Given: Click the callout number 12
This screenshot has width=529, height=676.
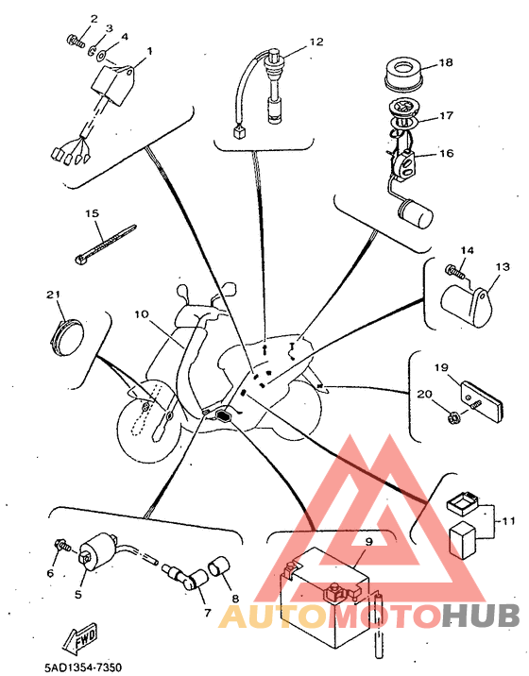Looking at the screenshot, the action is point(316,42).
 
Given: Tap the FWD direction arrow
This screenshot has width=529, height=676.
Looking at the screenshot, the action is point(80,634).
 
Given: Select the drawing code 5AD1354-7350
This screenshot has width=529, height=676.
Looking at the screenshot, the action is point(83,668).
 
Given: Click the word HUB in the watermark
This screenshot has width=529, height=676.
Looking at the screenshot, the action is point(481,617).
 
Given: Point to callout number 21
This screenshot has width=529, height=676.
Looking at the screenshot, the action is point(54,295).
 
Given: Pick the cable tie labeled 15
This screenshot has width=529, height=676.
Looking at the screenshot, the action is point(105,245).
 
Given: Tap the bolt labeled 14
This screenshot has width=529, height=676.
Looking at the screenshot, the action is point(454,271).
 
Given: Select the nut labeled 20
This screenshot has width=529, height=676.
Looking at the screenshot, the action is point(453,417).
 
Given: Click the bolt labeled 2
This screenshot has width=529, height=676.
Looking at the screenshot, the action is point(76,41).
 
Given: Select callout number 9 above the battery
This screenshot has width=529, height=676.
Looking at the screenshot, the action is point(369,542).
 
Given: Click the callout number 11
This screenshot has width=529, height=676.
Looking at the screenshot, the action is point(509,521).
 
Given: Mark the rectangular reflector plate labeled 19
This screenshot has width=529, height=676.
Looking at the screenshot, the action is point(481,396).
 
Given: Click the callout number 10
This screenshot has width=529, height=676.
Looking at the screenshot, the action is point(141,314).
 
